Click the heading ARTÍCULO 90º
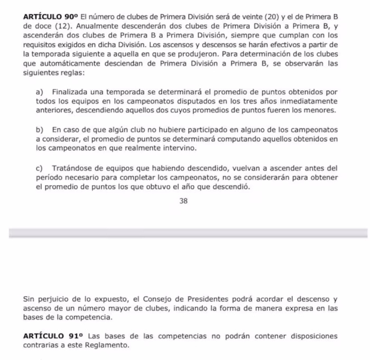point(50,17)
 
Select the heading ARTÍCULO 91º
point(54,336)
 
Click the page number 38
point(183,201)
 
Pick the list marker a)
point(40,92)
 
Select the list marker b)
point(40,129)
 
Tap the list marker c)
point(40,168)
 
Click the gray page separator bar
point(185,233)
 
